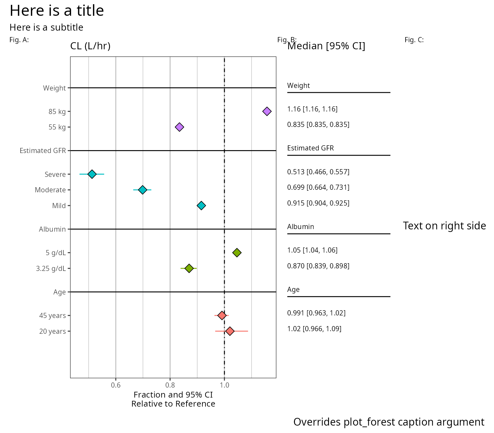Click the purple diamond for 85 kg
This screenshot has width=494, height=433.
coord(267,111)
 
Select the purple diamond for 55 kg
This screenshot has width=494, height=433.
coord(179,127)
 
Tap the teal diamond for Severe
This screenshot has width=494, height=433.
coord(92,174)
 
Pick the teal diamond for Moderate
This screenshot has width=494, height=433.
coord(142,190)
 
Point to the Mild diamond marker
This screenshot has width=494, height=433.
coord(201,206)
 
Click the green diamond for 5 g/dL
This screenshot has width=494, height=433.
coord(237,253)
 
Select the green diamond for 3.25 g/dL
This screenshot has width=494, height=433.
coord(189,268)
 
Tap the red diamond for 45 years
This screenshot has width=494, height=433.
coord(222,315)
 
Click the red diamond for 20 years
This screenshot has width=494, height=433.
coord(230,331)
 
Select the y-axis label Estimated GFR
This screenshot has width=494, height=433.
coord(43,151)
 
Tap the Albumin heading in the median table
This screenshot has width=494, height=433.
coord(300,227)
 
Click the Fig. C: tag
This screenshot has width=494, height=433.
coord(414,40)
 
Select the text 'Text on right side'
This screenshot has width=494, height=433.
coord(444,226)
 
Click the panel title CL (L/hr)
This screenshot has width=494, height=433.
coord(90,46)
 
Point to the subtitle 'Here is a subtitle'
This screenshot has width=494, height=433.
coord(46,27)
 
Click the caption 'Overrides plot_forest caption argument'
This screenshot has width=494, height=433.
coord(389,422)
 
